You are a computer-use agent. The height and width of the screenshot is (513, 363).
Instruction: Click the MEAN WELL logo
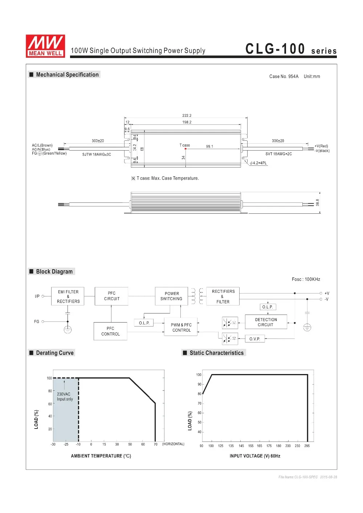(x=45, y=46)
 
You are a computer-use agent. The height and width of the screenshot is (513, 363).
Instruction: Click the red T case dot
(x=185, y=149)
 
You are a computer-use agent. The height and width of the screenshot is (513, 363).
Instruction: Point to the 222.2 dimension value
(x=187, y=116)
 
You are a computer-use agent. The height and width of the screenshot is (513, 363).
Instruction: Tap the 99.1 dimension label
(x=209, y=146)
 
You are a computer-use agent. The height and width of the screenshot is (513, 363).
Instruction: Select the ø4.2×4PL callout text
(x=258, y=163)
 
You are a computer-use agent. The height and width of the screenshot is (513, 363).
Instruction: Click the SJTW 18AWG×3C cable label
(x=97, y=154)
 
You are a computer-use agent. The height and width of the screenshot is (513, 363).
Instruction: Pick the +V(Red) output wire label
(x=321, y=146)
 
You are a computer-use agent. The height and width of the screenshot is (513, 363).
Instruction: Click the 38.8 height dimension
(x=317, y=202)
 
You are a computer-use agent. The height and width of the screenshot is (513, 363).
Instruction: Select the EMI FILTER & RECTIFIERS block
(x=68, y=296)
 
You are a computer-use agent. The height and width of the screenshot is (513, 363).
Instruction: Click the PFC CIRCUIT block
(x=111, y=296)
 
